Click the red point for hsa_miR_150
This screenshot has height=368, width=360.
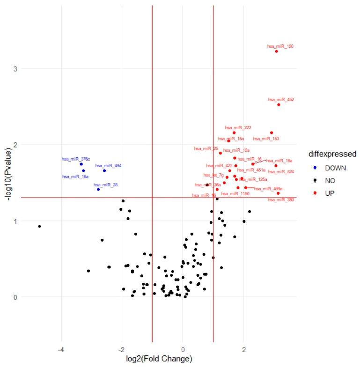pos(276,51)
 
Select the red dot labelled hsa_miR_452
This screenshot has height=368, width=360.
pos(279,104)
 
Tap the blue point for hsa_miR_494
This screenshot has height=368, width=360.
pos(104,170)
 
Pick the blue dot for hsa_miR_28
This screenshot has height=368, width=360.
pos(98,189)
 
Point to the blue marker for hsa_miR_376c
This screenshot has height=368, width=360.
pos(81,164)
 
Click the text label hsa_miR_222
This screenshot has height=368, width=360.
pos(238,127)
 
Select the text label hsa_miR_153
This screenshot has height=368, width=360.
pos(266,139)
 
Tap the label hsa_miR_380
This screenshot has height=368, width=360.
pos(281,200)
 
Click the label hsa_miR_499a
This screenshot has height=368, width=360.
pos(268,189)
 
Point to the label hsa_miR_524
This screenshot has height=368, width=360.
pos(281,172)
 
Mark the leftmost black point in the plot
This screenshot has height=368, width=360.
pos(39,226)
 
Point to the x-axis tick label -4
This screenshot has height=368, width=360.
pos(60,349)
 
